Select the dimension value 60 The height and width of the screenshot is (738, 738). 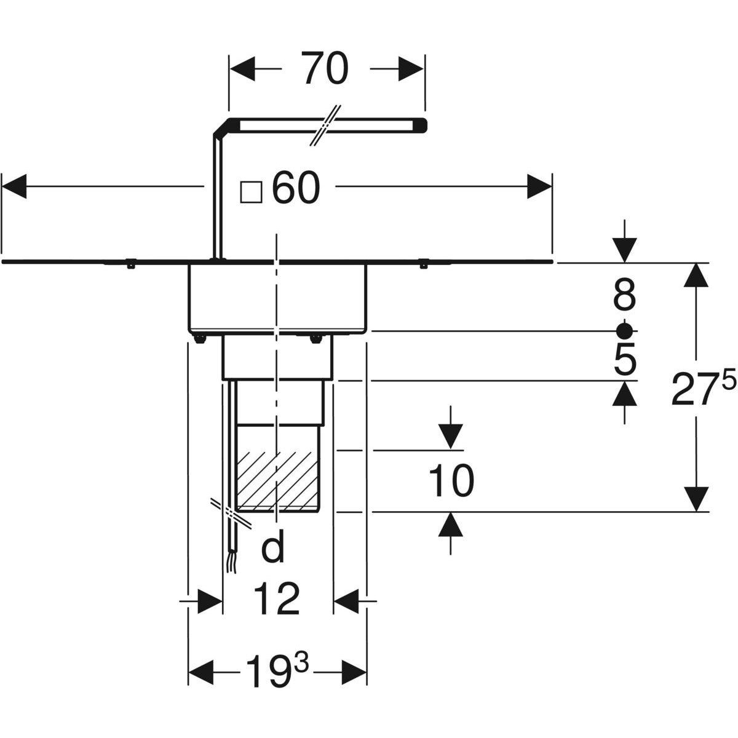[296, 189]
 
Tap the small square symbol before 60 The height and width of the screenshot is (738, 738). [251, 192]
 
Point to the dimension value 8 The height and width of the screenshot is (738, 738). [624, 294]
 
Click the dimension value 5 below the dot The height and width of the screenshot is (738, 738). [625, 360]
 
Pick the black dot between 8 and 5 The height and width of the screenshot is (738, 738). [624, 331]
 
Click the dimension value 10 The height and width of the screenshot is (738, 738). [451, 480]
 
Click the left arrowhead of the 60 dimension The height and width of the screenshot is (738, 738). [15, 186]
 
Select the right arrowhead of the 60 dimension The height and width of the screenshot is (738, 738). [539, 186]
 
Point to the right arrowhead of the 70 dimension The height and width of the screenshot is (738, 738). [411, 68]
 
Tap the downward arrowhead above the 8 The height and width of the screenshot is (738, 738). [624, 250]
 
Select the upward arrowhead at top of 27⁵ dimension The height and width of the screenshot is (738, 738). [696, 274]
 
